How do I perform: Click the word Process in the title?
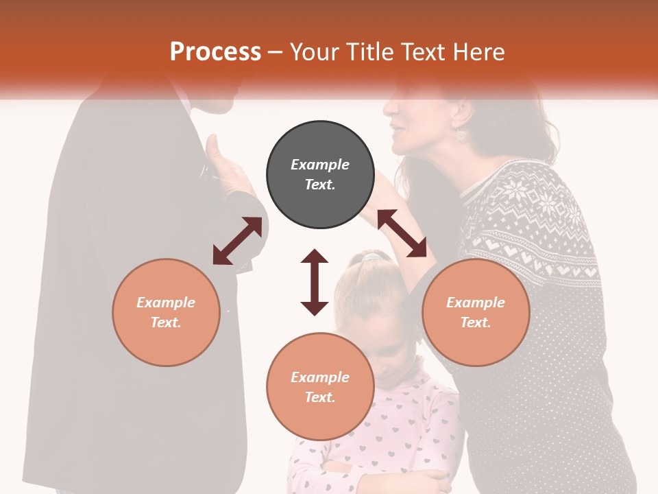(215, 52)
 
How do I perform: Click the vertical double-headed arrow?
(315, 282)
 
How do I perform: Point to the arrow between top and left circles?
(237, 241)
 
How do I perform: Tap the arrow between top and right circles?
(402, 233)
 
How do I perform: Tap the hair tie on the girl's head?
(371, 257)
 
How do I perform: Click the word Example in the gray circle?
(320, 165)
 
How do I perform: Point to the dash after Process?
(276, 52)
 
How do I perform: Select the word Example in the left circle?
(166, 303)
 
